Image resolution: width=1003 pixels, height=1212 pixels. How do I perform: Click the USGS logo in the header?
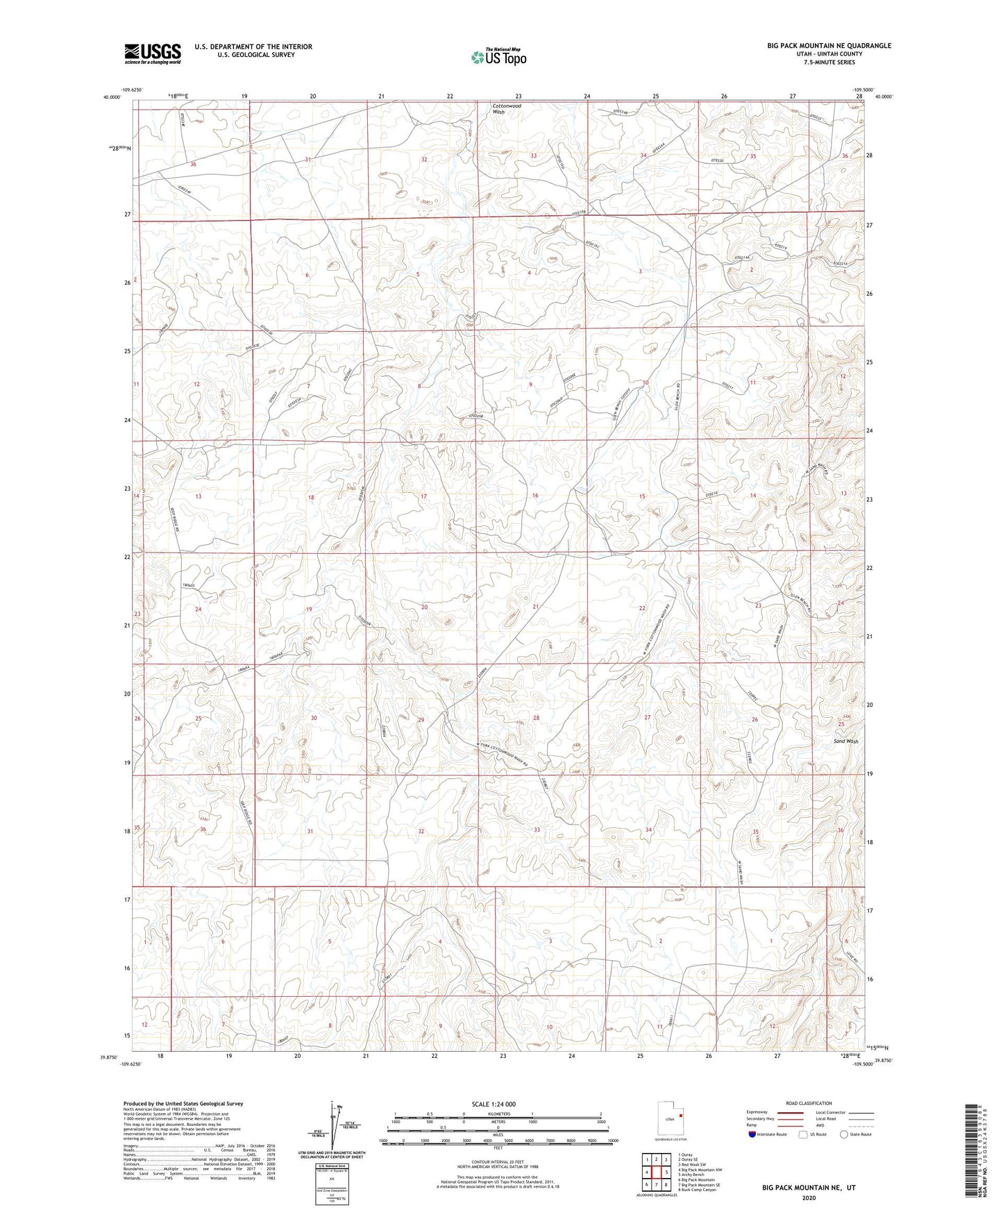(x=153, y=53)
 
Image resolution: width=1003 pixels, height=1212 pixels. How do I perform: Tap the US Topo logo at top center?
(x=497, y=57)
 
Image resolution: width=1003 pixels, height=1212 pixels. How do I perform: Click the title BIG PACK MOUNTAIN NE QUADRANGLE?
(x=829, y=46)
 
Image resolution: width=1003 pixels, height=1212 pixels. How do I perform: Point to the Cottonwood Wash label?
(x=507, y=109)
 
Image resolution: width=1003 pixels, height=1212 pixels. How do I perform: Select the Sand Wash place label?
(x=845, y=741)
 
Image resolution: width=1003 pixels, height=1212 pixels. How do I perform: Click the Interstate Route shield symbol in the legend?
(x=754, y=1134)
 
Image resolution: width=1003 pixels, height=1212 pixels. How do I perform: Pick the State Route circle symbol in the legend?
(x=844, y=1134)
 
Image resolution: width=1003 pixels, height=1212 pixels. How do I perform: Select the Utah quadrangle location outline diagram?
(x=670, y=1119)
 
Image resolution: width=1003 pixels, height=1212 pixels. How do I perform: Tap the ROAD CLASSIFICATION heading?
(x=809, y=1103)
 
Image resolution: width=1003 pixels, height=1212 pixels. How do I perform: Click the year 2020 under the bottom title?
(x=809, y=1197)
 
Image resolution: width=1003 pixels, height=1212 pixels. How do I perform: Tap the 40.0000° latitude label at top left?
(x=111, y=98)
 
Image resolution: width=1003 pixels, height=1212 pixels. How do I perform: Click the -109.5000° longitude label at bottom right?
(x=865, y=1063)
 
